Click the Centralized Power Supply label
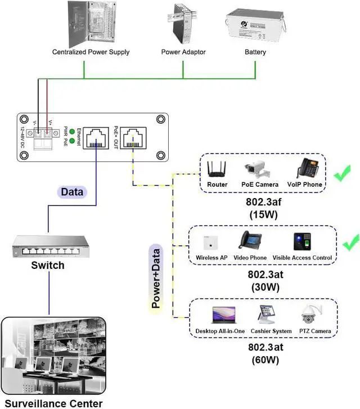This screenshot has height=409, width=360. point(91,52)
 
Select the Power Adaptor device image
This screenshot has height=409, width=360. point(183,23)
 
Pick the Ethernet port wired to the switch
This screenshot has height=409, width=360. point(96,137)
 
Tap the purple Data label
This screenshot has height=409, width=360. point(72,192)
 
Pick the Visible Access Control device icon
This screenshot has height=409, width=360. point(302,242)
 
